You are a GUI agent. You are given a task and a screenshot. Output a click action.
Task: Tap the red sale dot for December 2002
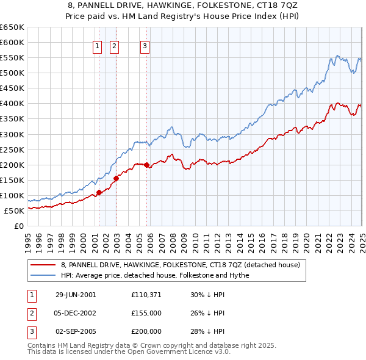pos(115,178)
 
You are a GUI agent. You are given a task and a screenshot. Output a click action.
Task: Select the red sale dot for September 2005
pos(146,165)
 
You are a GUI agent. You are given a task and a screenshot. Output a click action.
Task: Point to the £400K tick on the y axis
pos(13,104)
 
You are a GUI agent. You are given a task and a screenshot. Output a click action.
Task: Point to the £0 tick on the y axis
pos(19,226)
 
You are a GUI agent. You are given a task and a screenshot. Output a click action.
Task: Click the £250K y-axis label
pos(13,149)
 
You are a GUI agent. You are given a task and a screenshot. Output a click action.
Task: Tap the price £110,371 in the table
pos(146,295)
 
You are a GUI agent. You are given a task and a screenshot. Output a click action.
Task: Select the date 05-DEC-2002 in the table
pos(76,313)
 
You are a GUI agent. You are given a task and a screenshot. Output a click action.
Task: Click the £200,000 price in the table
pos(146,331)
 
